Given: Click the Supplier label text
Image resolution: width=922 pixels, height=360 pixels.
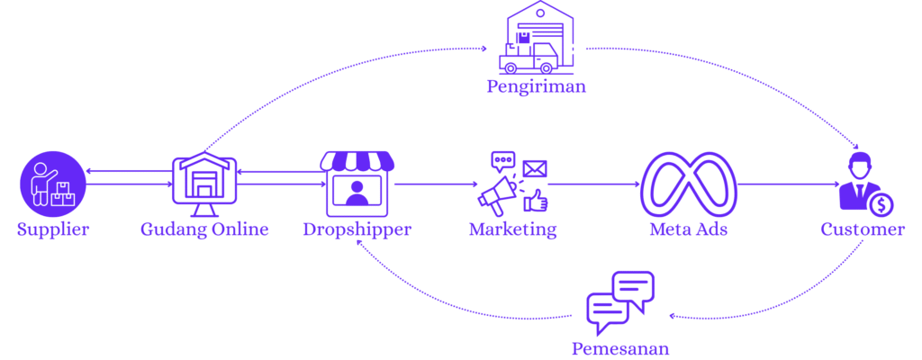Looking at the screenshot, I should tap(53, 229).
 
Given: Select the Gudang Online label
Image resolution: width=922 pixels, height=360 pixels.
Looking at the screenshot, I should tap(204, 229).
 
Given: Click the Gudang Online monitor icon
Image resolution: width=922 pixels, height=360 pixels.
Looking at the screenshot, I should tap(204, 184).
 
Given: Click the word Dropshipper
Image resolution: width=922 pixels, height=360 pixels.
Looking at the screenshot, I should tap(357, 229).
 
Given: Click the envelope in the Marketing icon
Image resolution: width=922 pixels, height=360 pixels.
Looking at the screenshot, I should tap(535, 168).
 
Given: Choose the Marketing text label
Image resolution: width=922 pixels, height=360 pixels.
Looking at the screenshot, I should tap(512, 229).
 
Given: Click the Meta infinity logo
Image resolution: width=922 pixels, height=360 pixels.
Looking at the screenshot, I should tap(689, 184).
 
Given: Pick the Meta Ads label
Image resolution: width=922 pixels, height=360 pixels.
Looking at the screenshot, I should tap(689, 229).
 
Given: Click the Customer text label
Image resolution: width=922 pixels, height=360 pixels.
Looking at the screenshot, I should tap(863, 229).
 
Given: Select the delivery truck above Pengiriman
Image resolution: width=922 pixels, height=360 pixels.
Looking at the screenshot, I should tap(531, 57).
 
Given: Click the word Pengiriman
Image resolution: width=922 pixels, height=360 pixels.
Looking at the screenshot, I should tap(537, 87).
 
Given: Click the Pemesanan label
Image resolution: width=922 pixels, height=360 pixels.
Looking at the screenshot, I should tap(620, 348).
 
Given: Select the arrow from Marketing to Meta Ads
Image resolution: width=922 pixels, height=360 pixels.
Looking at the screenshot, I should tap(594, 184).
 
